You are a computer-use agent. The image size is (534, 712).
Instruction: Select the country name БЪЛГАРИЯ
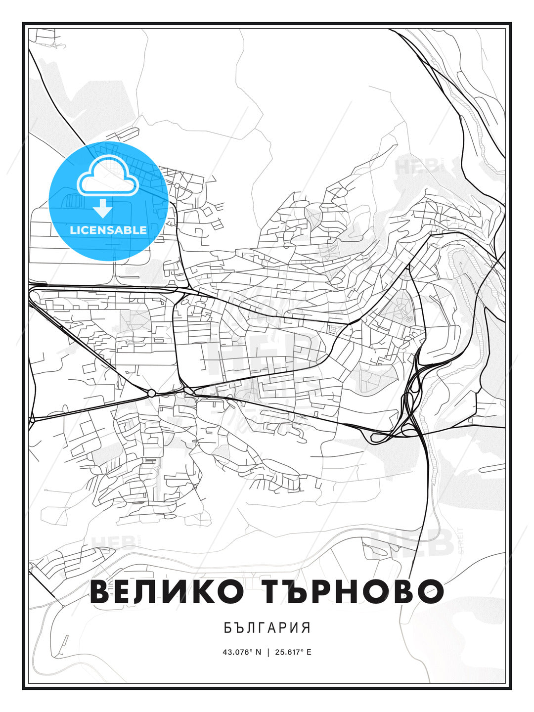tap(267, 628)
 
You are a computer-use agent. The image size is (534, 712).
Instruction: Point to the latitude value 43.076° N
tap(242, 652)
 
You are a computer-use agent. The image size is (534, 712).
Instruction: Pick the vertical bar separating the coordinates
tap(268, 652)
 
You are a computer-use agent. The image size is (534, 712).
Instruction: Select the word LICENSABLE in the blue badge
tap(108, 230)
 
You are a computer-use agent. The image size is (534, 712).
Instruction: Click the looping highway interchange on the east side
tap(411, 396)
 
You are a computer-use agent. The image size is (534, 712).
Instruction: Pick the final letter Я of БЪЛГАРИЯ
tap(307, 628)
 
